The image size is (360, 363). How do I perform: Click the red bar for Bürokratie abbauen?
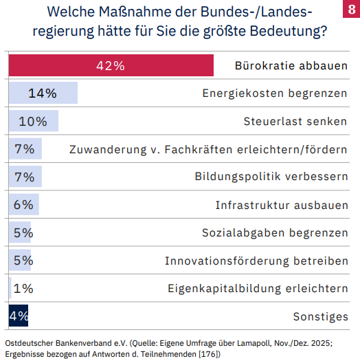[x=165, y=66]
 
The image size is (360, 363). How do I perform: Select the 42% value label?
[x=111, y=66]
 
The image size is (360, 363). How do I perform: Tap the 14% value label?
[x=42, y=93]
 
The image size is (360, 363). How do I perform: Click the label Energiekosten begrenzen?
[x=275, y=93]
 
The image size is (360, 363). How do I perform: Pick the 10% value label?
[x=33, y=122]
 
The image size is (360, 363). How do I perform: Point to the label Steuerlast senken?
[x=295, y=122]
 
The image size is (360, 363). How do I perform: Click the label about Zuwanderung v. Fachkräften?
[x=208, y=149]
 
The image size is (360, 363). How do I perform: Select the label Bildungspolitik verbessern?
[x=271, y=177]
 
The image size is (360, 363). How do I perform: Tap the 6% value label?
[x=23, y=205]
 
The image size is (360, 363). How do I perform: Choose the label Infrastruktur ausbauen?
[x=282, y=205]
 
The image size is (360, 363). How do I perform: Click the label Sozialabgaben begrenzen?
[x=275, y=232]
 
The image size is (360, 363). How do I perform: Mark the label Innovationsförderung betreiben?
[x=256, y=261]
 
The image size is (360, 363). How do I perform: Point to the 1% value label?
[x=23, y=288]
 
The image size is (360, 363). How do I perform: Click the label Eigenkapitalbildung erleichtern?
[x=258, y=288]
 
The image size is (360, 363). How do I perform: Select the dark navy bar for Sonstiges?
[x=18, y=316]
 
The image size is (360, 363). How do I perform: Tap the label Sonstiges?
[x=320, y=316]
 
